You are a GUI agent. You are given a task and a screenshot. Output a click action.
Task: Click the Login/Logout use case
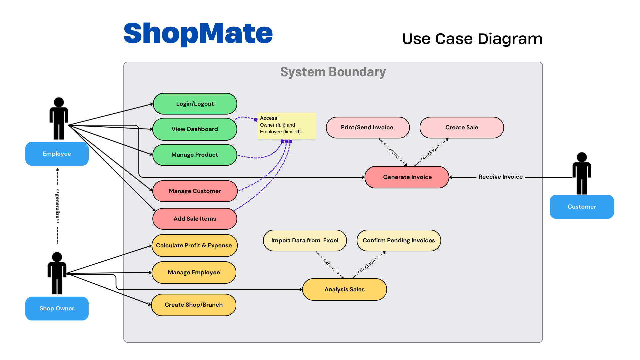(195, 104)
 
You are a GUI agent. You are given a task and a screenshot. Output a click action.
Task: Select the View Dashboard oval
(195, 129)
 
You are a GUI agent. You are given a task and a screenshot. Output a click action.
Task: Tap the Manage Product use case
(195, 155)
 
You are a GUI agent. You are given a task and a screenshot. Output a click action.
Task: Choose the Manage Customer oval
(195, 191)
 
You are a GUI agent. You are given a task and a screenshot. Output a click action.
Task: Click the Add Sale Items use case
(195, 219)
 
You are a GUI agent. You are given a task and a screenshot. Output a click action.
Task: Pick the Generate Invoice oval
(407, 177)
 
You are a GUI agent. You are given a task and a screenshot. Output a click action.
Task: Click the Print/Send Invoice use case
(367, 127)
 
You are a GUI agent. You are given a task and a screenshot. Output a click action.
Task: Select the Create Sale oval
(462, 127)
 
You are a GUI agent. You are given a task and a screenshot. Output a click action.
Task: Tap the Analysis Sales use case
(344, 289)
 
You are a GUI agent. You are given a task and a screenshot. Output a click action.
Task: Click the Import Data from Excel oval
(305, 240)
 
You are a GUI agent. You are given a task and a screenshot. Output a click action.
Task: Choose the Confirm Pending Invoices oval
(399, 240)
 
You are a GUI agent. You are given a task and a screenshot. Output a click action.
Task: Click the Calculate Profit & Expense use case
(194, 245)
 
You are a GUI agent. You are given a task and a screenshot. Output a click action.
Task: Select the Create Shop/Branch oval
(194, 305)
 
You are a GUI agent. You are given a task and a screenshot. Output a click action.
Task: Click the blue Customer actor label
(582, 207)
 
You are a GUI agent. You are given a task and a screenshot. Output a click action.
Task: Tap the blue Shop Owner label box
(57, 308)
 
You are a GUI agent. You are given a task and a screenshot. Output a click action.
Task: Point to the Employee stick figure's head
(59, 102)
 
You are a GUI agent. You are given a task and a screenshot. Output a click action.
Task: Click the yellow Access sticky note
(286, 126)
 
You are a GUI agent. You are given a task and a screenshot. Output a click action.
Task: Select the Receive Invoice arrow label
(501, 177)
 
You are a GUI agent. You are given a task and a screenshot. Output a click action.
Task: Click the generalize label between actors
(58, 206)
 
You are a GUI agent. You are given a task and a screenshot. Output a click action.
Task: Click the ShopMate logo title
(198, 33)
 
